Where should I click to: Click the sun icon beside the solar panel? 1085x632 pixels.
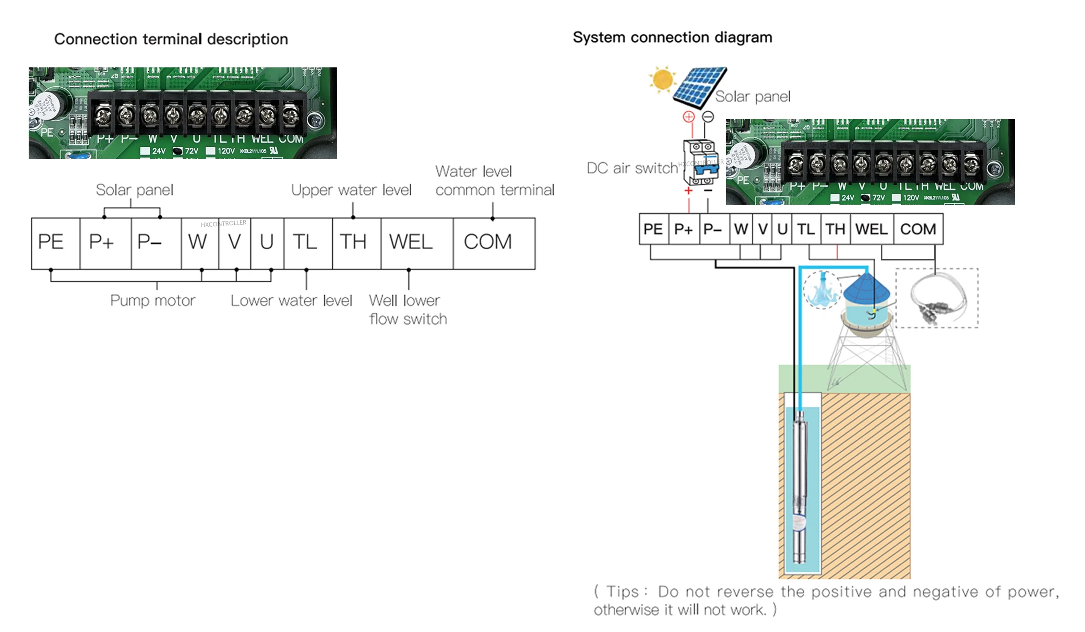(662, 79)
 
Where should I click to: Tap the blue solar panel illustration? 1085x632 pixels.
(699, 86)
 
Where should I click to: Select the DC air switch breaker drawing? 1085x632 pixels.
(700, 162)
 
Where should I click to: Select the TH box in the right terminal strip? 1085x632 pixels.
(834, 229)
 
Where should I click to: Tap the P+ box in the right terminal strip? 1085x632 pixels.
(683, 229)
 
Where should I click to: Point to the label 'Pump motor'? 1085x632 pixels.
(152, 301)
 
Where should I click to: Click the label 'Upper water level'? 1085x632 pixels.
(351, 190)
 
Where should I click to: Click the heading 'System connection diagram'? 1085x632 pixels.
(672, 38)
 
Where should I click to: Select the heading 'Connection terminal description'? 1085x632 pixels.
(171, 39)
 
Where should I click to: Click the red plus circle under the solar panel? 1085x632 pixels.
(688, 117)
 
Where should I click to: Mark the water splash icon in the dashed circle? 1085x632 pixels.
(821, 290)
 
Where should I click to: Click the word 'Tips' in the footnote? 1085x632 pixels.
(622, 592)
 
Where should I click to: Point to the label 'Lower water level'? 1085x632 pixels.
(291, 301)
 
